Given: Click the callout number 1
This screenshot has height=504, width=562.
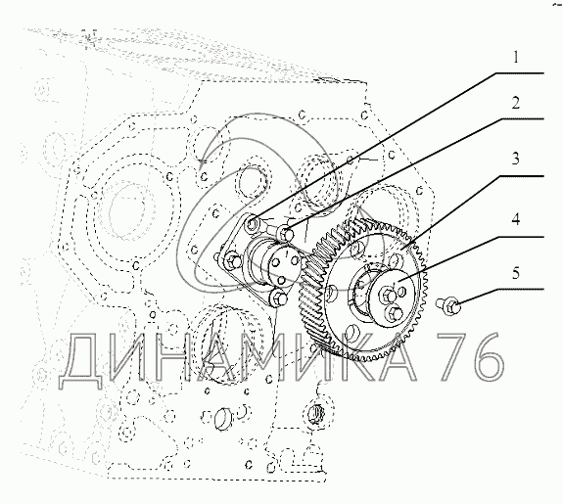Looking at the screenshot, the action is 516,58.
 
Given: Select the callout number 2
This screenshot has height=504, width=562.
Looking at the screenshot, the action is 515,103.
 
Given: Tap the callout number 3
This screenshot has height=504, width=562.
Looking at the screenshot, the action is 515,159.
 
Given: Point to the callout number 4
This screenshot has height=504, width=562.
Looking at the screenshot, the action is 515,219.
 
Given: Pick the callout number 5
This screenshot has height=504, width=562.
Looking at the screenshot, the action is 515,273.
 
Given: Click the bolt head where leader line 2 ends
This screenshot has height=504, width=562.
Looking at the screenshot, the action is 286,234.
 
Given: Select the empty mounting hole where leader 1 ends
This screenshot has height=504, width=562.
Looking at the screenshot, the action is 253,224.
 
